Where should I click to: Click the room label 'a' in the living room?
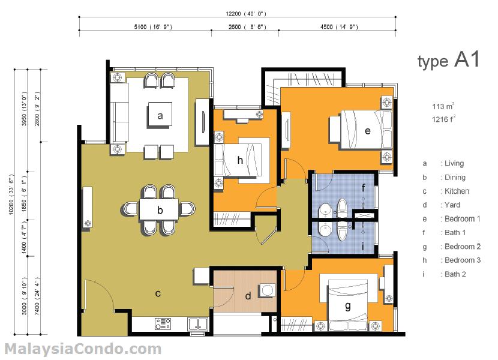coord(160,116)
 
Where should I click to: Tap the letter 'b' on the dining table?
coord(160,210)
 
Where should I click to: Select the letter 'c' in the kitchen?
coord(158,293)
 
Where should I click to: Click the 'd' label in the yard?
coord(248,295)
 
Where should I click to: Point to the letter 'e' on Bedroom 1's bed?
coord(367,130)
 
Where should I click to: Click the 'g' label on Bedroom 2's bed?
coord(348,306)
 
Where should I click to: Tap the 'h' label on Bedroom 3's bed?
coord(240,160)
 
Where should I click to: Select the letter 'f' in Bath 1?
coord(363,187)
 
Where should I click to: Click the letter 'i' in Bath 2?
coord(363,245)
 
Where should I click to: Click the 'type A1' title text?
coord(448,60)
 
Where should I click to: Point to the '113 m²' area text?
coord(443,107)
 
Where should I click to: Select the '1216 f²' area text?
coord(444,119)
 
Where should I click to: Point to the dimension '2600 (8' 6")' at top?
coord(247,27)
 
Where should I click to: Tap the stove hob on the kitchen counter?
coord(163,325)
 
